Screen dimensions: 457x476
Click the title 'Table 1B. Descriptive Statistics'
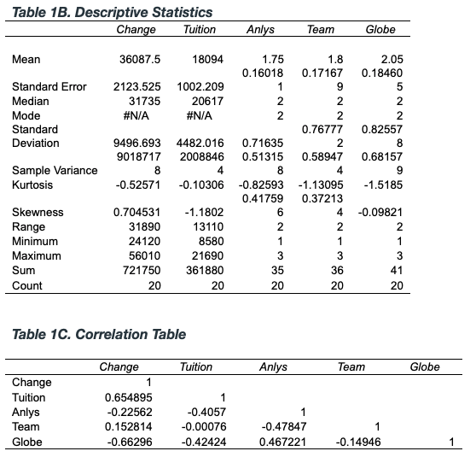pyautogui.click(x=112, y=13)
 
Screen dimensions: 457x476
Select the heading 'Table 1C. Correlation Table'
pyautogui.click(x=99, y=334)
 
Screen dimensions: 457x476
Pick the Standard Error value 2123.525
pyautogui.click(x=136, y=87)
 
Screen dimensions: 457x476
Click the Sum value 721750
pyautogui.click(x=139, y=270)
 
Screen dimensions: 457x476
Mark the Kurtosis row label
pyautogui.click(x=32, y=185)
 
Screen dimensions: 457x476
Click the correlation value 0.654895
pyautogui.click(x=127, y=397)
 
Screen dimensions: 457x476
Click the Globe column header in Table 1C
pyautogui.click(x=425, y=367)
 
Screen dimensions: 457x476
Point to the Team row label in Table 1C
pyautogui.click(x=25, y=426)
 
